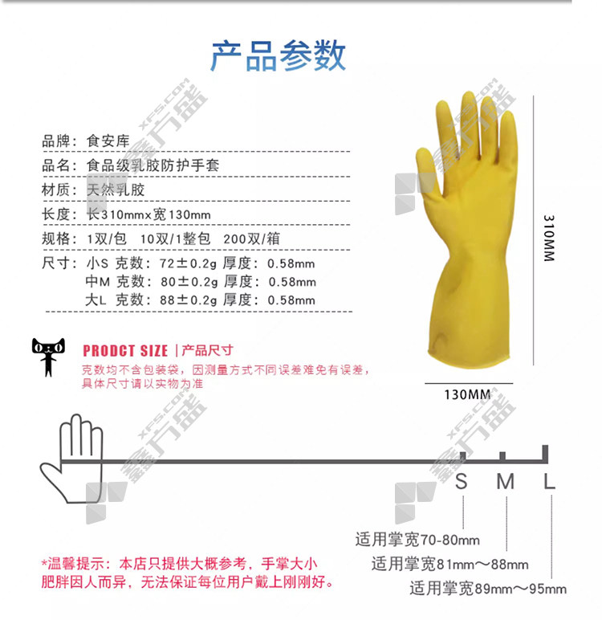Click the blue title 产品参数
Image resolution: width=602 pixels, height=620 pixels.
point(279,55)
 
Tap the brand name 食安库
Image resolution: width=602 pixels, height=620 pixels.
point(108,141)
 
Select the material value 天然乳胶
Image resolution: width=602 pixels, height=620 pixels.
point(116,190)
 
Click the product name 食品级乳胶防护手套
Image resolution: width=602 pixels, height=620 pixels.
point(153,165)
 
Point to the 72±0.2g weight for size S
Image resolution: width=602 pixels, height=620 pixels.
point(189,263)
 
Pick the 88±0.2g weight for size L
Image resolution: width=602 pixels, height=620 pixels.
point(189,300)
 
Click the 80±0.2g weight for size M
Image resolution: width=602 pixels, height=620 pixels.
point(189,282)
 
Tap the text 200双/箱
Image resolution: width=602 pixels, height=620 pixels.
point(251,239)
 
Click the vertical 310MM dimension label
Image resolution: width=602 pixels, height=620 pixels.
point(549,238)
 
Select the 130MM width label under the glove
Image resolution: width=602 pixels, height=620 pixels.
point(467,394)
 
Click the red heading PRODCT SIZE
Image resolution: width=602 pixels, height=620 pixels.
point(125,351)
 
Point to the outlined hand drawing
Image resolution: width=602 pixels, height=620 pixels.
point(71,459)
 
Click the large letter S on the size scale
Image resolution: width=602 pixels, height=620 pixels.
point(462,482)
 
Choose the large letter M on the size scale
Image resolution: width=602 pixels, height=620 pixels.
point(506,482)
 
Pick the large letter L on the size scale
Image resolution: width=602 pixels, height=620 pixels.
point(550,482)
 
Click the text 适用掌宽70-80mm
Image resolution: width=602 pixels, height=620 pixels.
point(417,540)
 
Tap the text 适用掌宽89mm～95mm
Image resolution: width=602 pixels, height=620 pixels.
point(488,589)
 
